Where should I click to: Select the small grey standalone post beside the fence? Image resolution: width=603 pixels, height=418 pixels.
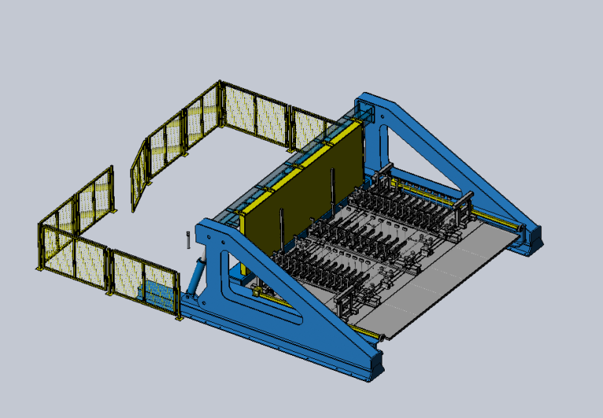pyautogui.click(x=188, y=240)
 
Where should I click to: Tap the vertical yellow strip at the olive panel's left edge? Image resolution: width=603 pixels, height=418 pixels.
pyautogui.click(x=245, y=235)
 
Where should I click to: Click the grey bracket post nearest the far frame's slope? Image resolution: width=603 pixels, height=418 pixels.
pyautogui.click(x=466, y=204)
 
